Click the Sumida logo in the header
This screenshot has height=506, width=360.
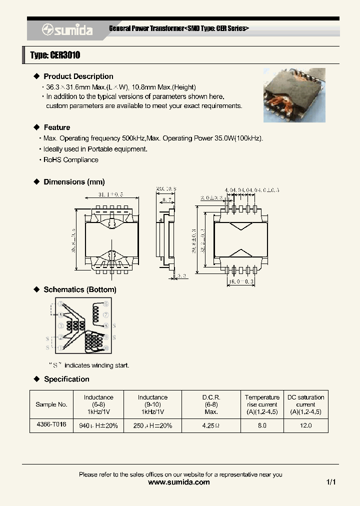67,30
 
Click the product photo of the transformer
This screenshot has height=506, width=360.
294,95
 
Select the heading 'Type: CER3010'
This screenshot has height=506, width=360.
55,55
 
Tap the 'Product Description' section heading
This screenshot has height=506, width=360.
78,76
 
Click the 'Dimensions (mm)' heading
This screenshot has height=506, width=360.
74,182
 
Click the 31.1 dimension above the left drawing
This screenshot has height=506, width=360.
111,194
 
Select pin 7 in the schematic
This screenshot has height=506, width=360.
105,315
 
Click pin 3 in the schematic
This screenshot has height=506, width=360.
60,326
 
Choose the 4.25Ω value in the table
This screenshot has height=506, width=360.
211,425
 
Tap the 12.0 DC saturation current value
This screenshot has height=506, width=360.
305,425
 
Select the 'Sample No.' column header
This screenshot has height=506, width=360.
51,404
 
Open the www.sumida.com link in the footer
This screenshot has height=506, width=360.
179,482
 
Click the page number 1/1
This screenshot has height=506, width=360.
330,482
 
